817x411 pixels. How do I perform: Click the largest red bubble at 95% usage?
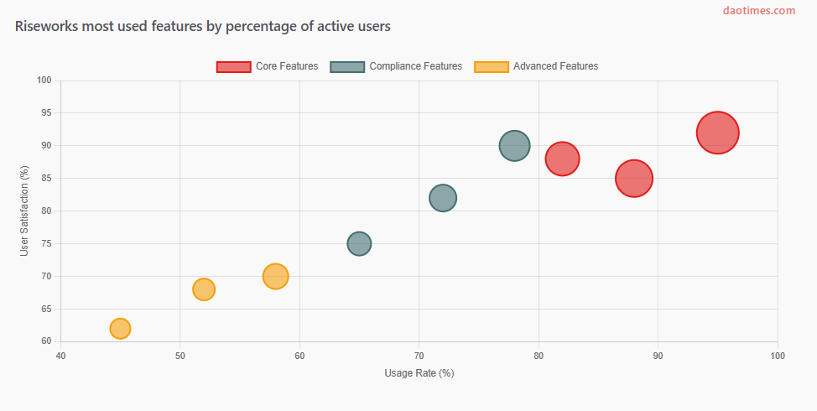click(717, 133)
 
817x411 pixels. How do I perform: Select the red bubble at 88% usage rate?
click(634, 178)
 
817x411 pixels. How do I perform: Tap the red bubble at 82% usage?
click(562, 159)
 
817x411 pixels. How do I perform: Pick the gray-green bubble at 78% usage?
click(514, 146)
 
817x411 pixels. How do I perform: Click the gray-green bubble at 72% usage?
click(443, 198)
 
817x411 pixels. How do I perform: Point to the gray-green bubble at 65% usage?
click(359, 243)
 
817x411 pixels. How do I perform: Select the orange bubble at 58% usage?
click(275, 276)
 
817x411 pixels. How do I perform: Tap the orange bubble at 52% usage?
click(204, 289)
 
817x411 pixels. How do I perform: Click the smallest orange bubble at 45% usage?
click(120, 328)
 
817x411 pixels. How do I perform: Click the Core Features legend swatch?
click(233, 66)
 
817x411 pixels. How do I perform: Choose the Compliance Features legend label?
click(415, 66)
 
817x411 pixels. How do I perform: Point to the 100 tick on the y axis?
click(44, 81)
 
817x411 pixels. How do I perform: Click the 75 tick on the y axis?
click(46, 243)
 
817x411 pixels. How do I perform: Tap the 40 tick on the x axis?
click(60, 356)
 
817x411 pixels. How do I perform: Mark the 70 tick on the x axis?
click(419, 356)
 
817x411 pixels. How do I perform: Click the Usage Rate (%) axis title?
click(419, 373)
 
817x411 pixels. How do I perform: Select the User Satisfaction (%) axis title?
click(25, 211)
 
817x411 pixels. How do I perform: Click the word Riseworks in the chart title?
click(47, 27)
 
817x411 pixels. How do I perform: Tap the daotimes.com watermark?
click(758, 11)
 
